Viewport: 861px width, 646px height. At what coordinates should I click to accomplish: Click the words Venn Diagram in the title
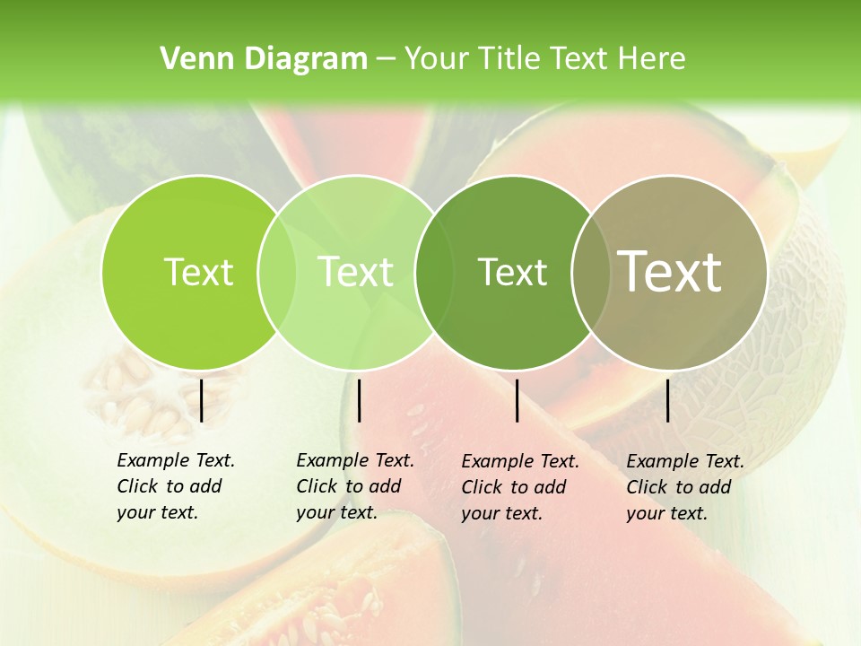(x=264, y=59)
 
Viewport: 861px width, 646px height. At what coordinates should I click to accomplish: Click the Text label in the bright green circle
(x=198, y=272)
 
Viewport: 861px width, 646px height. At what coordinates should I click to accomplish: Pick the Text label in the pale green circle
(x=355, y=272)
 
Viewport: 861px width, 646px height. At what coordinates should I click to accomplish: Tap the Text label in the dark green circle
(x=512, y=272)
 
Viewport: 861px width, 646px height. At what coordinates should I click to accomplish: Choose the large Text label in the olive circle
(x=670, y=272)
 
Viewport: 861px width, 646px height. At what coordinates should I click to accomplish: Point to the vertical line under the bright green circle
(x=202, y=400)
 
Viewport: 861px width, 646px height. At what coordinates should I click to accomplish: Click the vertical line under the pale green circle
(x=359, y=400)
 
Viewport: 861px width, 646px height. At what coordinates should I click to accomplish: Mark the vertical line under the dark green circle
(x=517, y=400)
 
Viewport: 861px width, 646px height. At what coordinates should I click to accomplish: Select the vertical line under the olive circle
(x=668, y=400)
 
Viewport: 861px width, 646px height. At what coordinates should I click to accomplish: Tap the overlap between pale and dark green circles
(x=433, y=272)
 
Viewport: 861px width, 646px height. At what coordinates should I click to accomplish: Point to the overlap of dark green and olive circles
(x=589, y=272)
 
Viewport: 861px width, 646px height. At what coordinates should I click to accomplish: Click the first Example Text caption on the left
(x=175, y=486)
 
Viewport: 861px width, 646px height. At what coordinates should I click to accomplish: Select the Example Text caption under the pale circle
(x=354, y=486)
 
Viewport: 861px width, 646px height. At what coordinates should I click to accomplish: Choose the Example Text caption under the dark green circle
(x=519, y=487)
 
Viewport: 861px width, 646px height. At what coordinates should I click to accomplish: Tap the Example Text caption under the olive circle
(x=684, y=487)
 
